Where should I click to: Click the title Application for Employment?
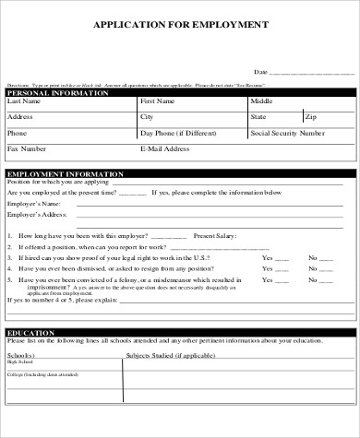[180, 25]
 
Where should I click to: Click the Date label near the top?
[260, 71]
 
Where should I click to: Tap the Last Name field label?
[24, 101]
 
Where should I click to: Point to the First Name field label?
[157, 101]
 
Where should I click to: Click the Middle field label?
[261, 101]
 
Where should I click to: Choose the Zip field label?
[311, 117]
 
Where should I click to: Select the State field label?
[258, 117]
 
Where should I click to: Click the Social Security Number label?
[287, 133]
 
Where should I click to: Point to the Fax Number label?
[26, 148]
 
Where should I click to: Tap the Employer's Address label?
[35, 215]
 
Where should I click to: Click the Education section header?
[27, 332]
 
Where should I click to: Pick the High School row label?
[18, 362]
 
